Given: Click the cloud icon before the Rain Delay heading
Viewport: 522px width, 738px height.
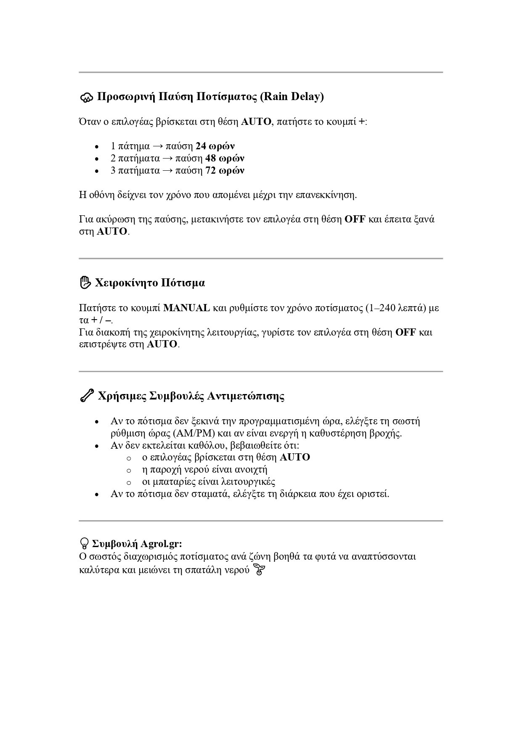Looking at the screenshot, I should [86, 98].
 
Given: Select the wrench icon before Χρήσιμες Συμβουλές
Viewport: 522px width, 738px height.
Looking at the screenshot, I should [86, 396].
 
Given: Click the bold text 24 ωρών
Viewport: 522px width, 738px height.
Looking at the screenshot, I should [215, 146].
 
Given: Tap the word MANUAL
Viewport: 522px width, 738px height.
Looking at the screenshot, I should [186, 308].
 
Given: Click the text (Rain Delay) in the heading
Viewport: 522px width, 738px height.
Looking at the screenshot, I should [292, 97].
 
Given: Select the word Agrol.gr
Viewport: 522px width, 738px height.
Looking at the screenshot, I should [161, 544].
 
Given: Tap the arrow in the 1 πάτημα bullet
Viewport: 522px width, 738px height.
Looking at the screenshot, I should [158, 146].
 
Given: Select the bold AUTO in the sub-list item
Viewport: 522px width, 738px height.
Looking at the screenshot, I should [294, 458].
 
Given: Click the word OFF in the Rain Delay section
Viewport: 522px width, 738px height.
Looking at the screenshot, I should [355, 220].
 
